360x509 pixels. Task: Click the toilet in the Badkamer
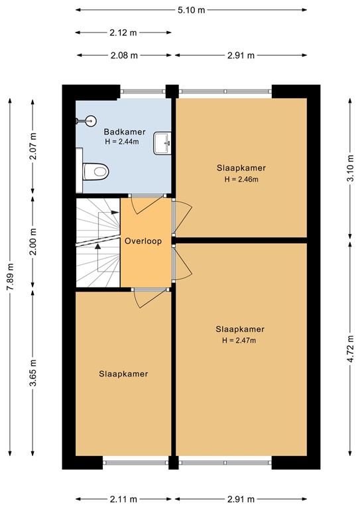point(94,172)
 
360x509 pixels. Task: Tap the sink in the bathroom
point(162,142)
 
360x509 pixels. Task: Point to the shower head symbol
point(85,121)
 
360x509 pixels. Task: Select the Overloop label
point(143,241)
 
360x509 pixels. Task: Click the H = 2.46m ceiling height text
point(241,179)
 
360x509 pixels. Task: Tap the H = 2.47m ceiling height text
point(240,341)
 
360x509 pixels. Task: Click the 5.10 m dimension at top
point(191,11)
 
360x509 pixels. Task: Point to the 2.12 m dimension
point(123,32)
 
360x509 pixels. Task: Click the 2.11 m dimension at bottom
point(123,499)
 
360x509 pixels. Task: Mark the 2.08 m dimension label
point(123,56)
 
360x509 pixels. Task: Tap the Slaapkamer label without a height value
point(123,374)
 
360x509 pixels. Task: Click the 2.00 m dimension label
point(34,243)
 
